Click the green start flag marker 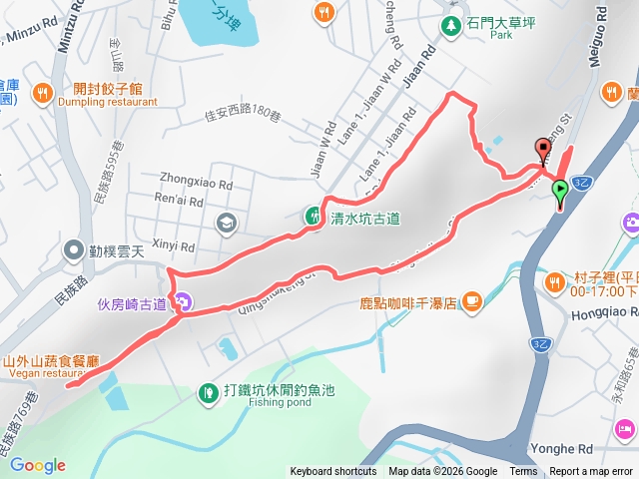560,190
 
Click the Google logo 38,465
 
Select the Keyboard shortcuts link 333,472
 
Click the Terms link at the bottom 523,472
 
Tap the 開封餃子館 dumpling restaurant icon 42,94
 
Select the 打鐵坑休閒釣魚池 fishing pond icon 209,393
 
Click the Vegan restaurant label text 41,373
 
